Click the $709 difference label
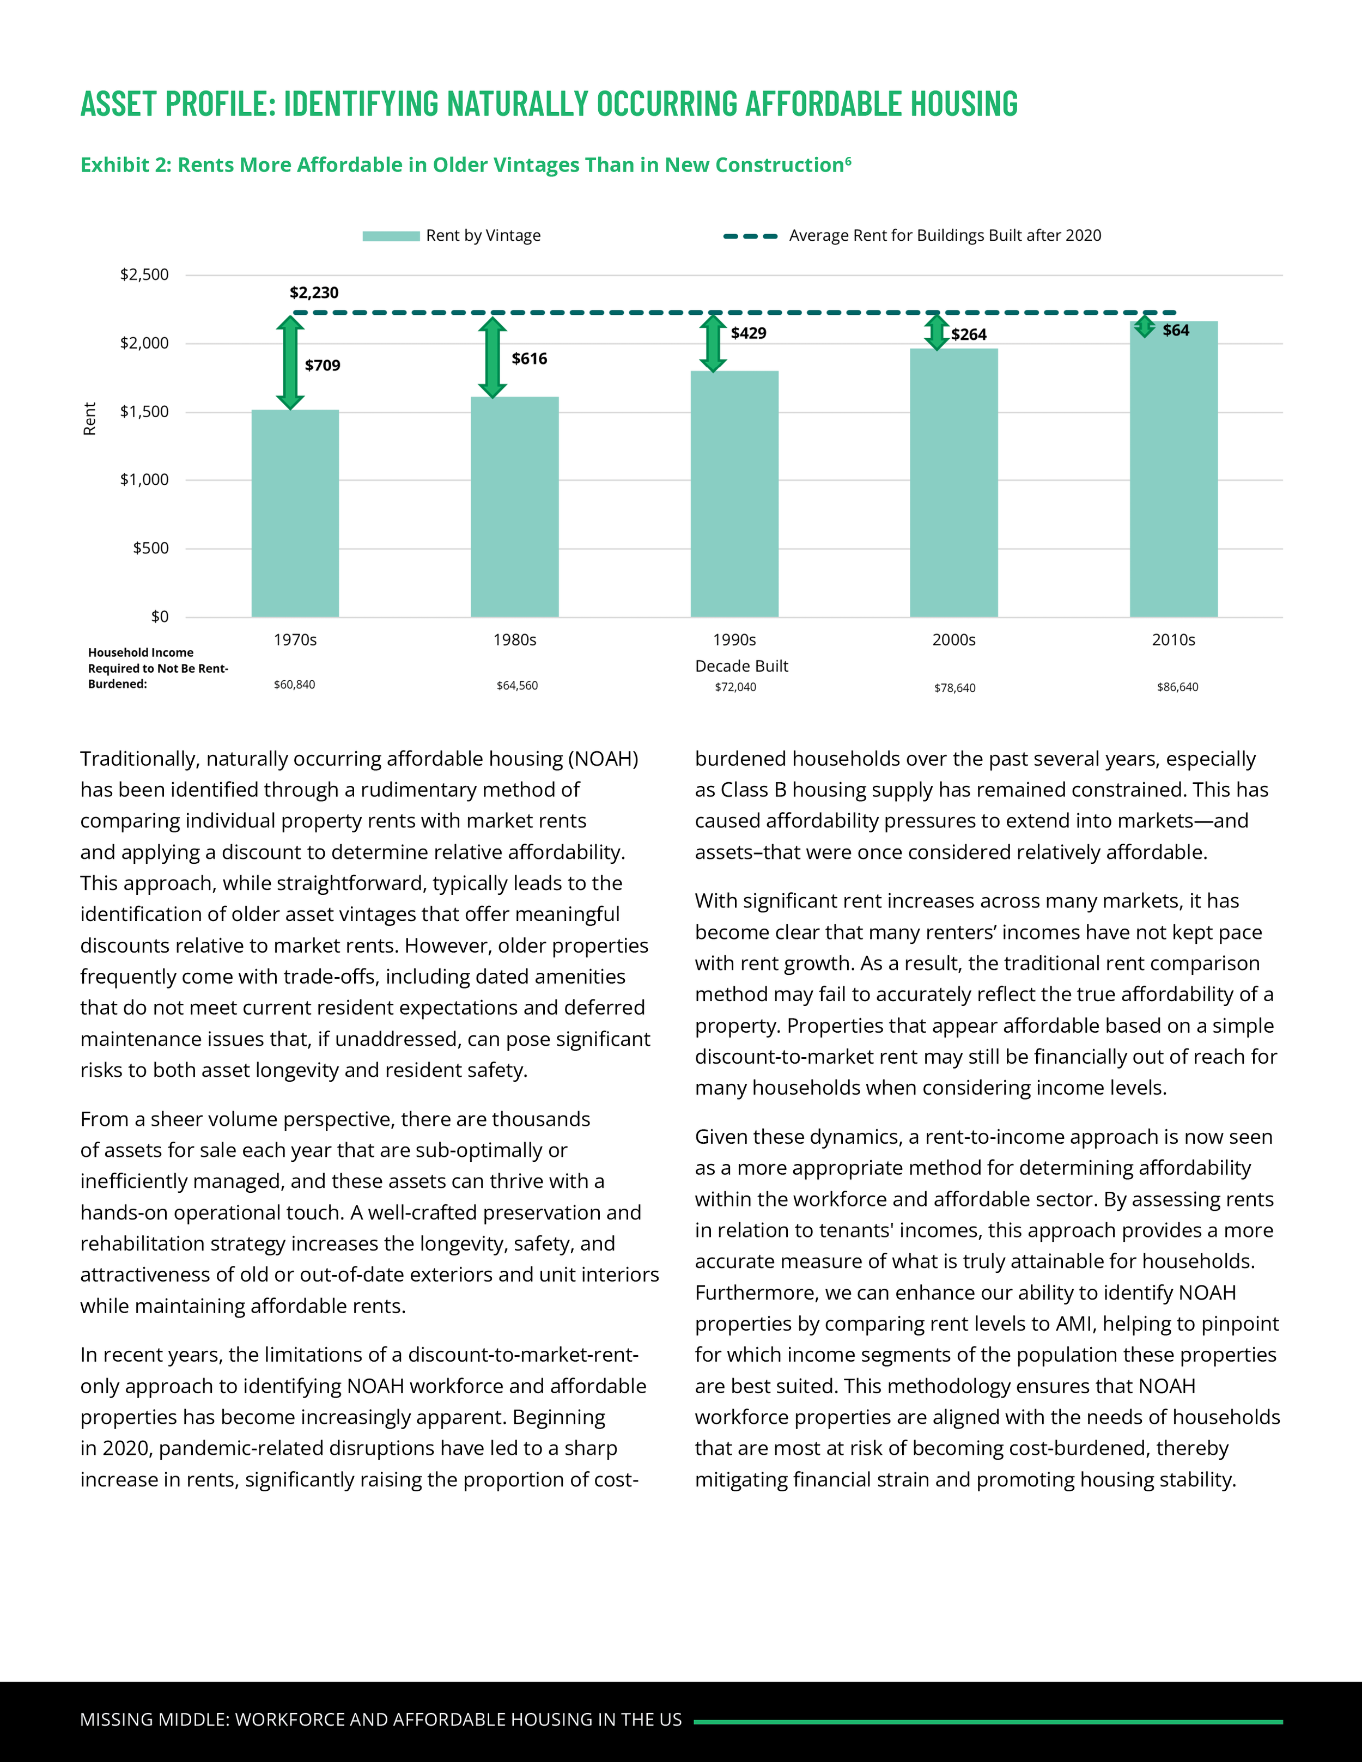323,365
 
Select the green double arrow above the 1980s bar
492,357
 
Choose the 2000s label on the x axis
954,640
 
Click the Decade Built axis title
741,666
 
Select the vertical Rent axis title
89,419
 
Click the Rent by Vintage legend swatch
391,236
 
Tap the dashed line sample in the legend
750,236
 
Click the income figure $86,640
1177,687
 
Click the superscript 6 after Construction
848,161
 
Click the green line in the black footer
988,1722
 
